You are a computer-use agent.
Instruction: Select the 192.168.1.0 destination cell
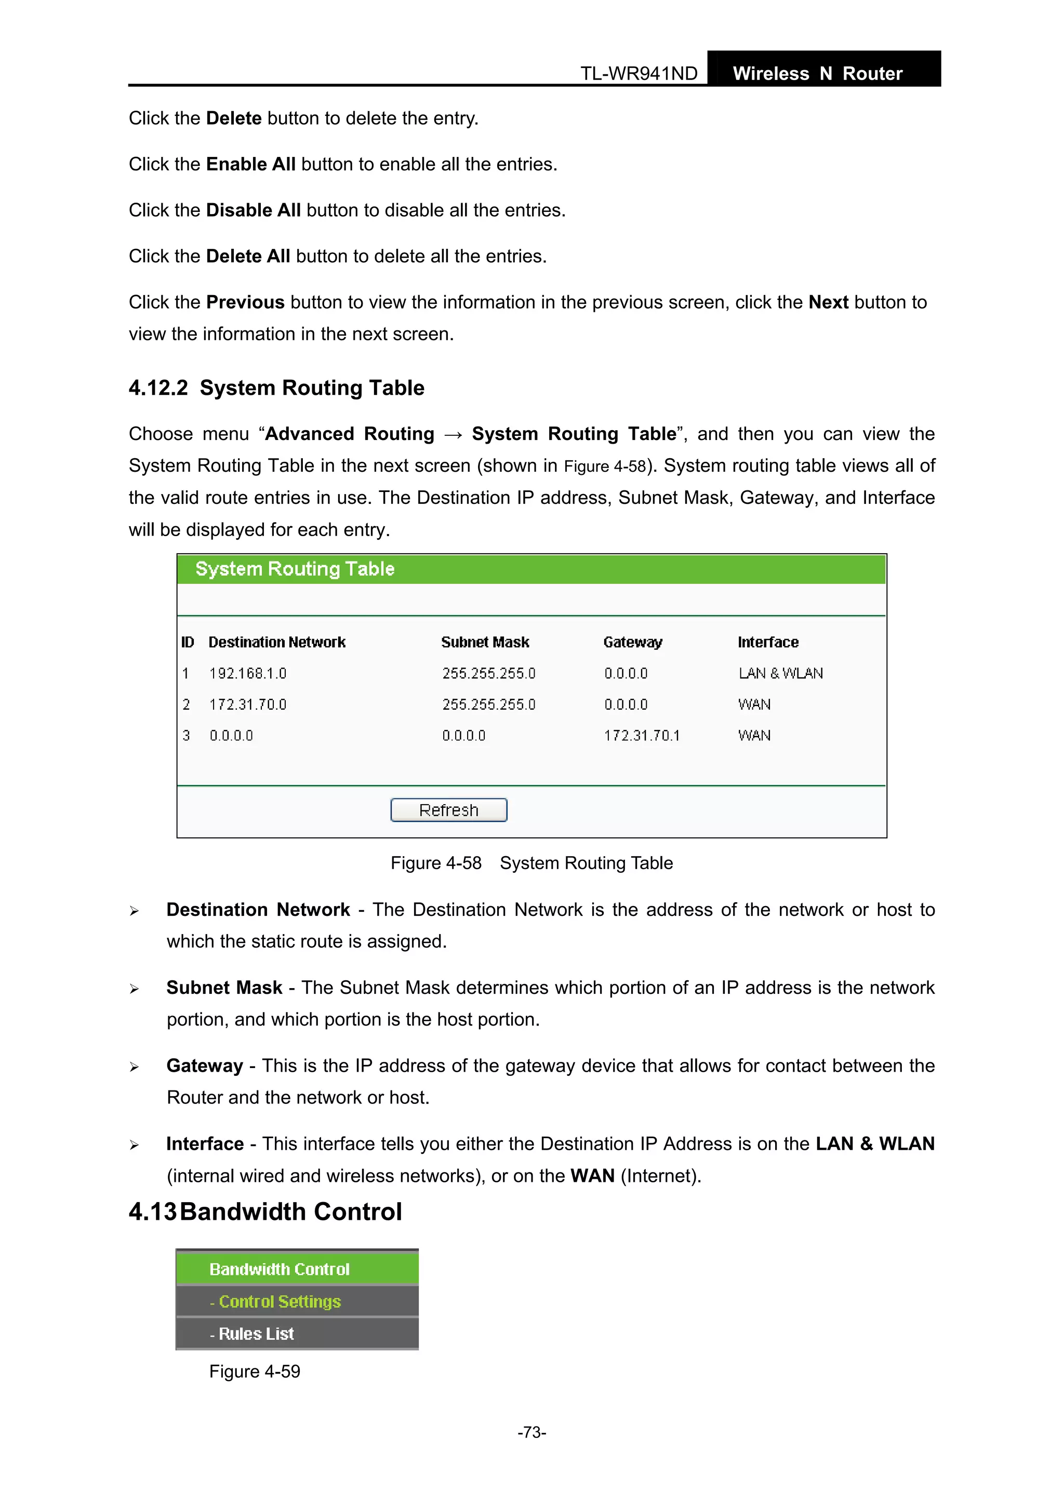248,673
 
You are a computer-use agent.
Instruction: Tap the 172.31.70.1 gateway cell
641,736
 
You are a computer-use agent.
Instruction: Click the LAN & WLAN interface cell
780,673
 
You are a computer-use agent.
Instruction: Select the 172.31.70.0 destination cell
248,704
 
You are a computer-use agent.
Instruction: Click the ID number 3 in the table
186,736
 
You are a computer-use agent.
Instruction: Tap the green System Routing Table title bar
531,569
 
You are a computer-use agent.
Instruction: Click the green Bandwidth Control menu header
280,1269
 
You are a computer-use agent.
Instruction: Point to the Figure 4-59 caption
255,1371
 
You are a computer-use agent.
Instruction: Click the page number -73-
531,1432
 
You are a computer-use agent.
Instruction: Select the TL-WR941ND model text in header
639,73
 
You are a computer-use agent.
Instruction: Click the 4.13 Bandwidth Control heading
265,1211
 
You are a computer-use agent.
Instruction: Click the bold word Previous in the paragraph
245,302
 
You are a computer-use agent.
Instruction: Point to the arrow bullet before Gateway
135,1067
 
